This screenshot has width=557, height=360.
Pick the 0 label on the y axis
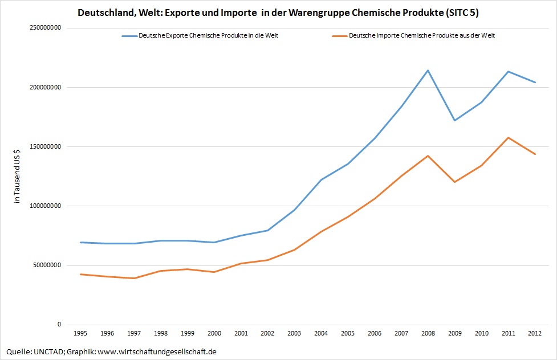pyautogui.click(x=59, y=325)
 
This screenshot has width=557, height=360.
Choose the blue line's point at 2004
pyautogui.click(x=321, y=179)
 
